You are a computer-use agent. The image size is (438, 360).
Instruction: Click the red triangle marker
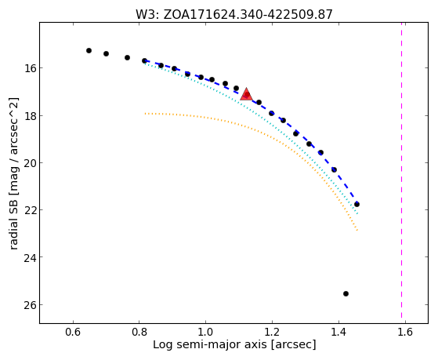coord(246,95)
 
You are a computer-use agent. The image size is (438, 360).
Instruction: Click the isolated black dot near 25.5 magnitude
coord(346,293)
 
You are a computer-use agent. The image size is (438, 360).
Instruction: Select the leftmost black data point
coord(89,50)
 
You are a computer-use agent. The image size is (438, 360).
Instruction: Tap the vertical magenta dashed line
coord(402,170)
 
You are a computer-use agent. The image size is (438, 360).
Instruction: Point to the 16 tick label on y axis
coord(31,68)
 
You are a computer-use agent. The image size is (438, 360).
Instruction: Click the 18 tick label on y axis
coord(31,115)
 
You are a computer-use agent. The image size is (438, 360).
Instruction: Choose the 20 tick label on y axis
coord(31,163)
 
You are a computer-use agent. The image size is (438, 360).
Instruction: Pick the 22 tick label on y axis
coord(31,209)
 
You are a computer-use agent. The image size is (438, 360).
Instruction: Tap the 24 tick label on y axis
coord(31,257)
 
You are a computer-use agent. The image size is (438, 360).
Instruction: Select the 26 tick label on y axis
coord(31,304)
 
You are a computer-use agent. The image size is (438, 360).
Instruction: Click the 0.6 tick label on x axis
coord(73,333)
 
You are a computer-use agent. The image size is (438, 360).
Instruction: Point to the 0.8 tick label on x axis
coord(139,333)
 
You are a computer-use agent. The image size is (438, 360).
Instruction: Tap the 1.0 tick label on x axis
coord(205,333)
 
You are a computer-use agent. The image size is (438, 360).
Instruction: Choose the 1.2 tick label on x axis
coord(272,333)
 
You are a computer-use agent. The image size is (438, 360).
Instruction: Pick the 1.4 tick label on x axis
coord(338,333)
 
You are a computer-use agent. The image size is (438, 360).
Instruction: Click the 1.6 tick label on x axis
coord(405,333)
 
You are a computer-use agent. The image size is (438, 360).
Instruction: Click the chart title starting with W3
coord(234,14)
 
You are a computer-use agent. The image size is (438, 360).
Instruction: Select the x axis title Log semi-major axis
coord(234,345)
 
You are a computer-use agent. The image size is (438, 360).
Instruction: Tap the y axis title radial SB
coord(13,173)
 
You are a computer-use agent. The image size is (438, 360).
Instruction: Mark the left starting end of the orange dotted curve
coord(145,114)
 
